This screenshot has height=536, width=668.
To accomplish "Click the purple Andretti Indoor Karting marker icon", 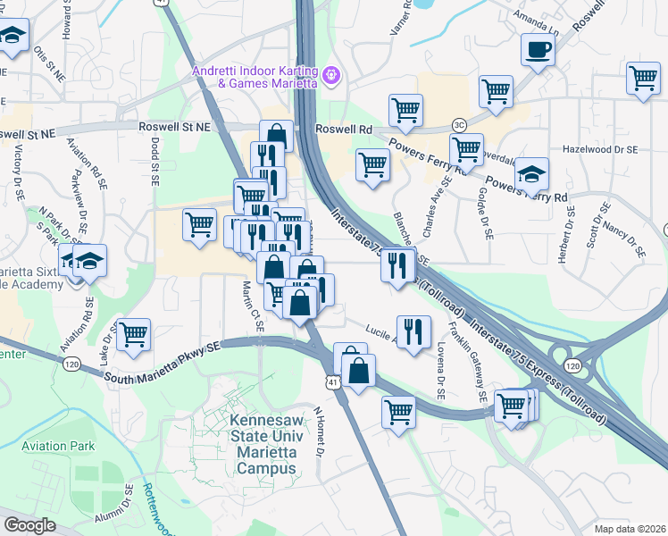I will click(x=331, y=75).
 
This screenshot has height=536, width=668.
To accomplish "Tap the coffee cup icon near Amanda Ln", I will click(x=538, y=50).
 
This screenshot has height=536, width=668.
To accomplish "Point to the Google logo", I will click(x=29, y=525).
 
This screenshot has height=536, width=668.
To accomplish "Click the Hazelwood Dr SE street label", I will click(x=600, y=150).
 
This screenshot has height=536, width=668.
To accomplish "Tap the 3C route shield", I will click(x=460, y=124).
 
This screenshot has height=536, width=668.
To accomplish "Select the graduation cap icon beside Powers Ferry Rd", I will click(x=531, y=174).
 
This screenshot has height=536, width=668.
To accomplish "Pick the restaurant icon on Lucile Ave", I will click(x=412, y=332).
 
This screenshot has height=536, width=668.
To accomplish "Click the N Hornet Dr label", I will click(x=320, y=432).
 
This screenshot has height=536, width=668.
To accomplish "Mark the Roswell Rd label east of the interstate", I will click(x=343, y=130).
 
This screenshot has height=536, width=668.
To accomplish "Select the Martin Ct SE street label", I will click(x=253, y=306).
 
